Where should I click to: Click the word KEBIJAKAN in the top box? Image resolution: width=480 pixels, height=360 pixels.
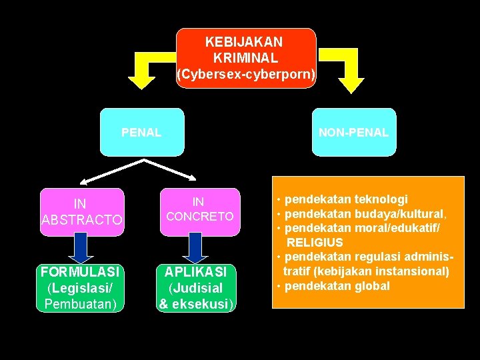click(x=244, y=41)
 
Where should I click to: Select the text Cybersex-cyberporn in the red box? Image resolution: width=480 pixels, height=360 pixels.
click(x=245, y=75)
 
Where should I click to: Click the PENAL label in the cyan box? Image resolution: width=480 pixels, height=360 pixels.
click(x=141, y=133)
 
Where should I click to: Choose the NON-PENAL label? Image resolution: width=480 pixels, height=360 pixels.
click(x=353, y=133)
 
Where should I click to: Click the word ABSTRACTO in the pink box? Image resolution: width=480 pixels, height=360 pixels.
click(x=82, y=220)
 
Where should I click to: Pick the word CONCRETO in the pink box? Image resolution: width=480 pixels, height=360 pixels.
click(x=199, y=217)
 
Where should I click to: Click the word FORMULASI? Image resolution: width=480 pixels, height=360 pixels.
click(x=80, y=272)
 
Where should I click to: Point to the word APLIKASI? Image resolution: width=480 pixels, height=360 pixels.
click(x=197, y=272)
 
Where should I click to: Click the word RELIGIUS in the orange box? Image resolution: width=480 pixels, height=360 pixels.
click(x=315, y=243)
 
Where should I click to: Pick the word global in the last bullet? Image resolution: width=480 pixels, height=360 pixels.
click(x=373, y=286)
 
